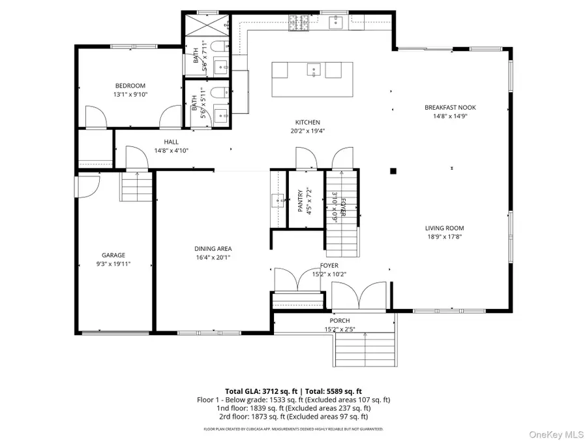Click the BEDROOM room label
pyautogui.click(x=130, y=86)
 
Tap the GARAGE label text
pyautogui.click(x=113, y=255)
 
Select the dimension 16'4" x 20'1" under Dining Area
pyautogui.click(x=213, y=257)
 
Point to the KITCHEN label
pyautogui.click(x=307, y=122)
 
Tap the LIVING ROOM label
pyautogui.click(x=444, y=228)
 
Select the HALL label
pyautogui.click(x=171, y=142)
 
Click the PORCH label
pyautogui.click(x=339, y=321)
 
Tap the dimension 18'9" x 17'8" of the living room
pyautogui.click(x=444, y=238)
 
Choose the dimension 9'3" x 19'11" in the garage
pyautogui.click(x=113, y=265)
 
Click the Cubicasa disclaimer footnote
pyautogui.click(x=293, y=429)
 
